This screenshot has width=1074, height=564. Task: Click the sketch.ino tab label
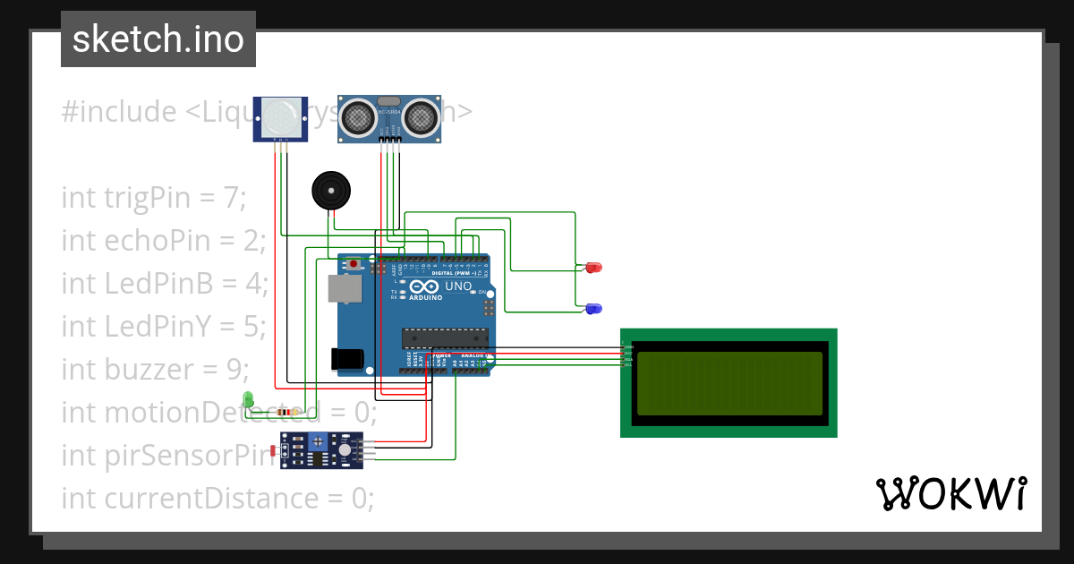click(158, 39)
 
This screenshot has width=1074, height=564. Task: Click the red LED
click(594, 268)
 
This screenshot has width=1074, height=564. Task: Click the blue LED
click(593, 309)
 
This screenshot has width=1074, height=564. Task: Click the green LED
click(248, 399)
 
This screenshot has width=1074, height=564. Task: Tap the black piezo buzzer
click(331, 191)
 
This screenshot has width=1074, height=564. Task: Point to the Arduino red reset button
click(355, 264)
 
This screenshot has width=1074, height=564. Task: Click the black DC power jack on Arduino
click(347, 359)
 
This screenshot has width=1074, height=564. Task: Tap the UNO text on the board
click(458, 287)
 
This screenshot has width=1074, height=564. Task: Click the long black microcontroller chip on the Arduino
click(445, 338)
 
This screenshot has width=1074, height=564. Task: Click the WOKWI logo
click(950, 493)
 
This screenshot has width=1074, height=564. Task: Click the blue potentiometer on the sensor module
click(317, 440)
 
